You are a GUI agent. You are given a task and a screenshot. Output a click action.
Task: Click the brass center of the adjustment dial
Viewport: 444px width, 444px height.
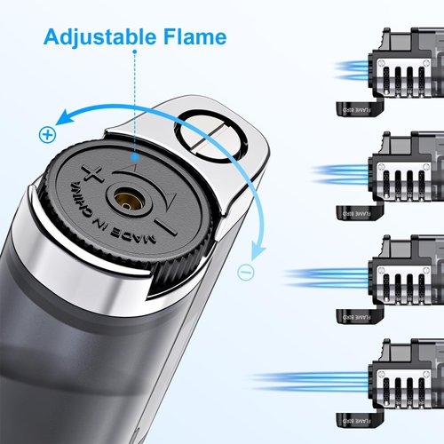pos(133,202)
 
